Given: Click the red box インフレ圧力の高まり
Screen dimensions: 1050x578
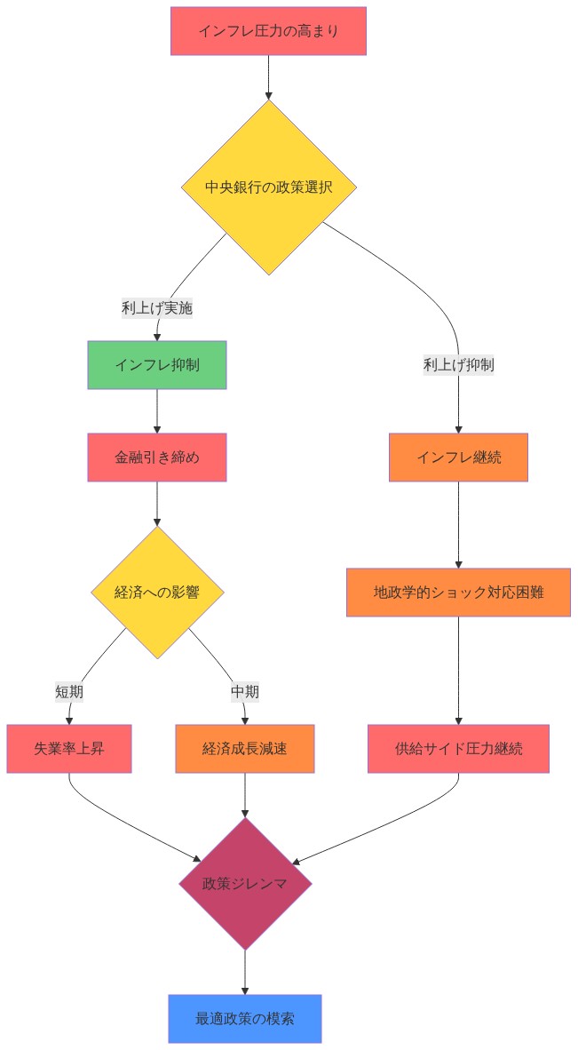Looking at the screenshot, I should pyautogui.click(x=268, y=31).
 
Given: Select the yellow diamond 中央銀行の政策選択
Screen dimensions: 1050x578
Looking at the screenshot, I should pyautogui.click(x=268, y=187).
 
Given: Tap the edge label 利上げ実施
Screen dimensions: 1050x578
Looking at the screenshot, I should pyautogui.click(x=157, y=308).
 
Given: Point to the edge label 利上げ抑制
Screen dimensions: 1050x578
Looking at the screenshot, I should pyautogui.click(x=458, y=364).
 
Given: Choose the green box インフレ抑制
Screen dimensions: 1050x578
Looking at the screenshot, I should pyautogui.click(x=157, y=365).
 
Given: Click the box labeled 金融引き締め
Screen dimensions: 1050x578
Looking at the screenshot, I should pyautogui.click(x=157, y=457).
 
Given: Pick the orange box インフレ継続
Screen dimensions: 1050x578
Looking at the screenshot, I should pyautogui.click(x=458, y=457).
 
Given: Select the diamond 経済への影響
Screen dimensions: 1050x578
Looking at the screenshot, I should pyautogui.click(x=157, y=593).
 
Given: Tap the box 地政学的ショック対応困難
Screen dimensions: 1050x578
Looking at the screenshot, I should pyautogui.click(x=458, y=593).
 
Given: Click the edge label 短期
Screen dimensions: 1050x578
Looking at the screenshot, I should pyautogui.click(x=69, y=691).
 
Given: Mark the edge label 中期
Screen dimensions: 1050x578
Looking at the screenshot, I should pyautogui.click(x=245, y=691).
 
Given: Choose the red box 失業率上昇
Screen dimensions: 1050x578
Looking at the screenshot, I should pyautogui.click(x=69, y=749).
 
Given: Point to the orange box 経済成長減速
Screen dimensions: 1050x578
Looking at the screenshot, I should pyautogui.click(x=245, y=749).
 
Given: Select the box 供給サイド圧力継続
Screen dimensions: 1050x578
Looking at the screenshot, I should pyautogui.click(x=458, y=749).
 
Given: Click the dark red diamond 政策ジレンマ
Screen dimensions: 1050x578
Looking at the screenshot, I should pyautogui.click(x=245, y=884).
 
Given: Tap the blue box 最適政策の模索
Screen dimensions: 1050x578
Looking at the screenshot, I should pyautogui.click(x=245, y=1019).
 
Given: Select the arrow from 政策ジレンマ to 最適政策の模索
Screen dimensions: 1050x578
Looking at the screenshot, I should pyautogui.click(x=245, y=972).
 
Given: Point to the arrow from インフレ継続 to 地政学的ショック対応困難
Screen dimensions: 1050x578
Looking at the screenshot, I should pyautogui.click(x=458, y=524).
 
